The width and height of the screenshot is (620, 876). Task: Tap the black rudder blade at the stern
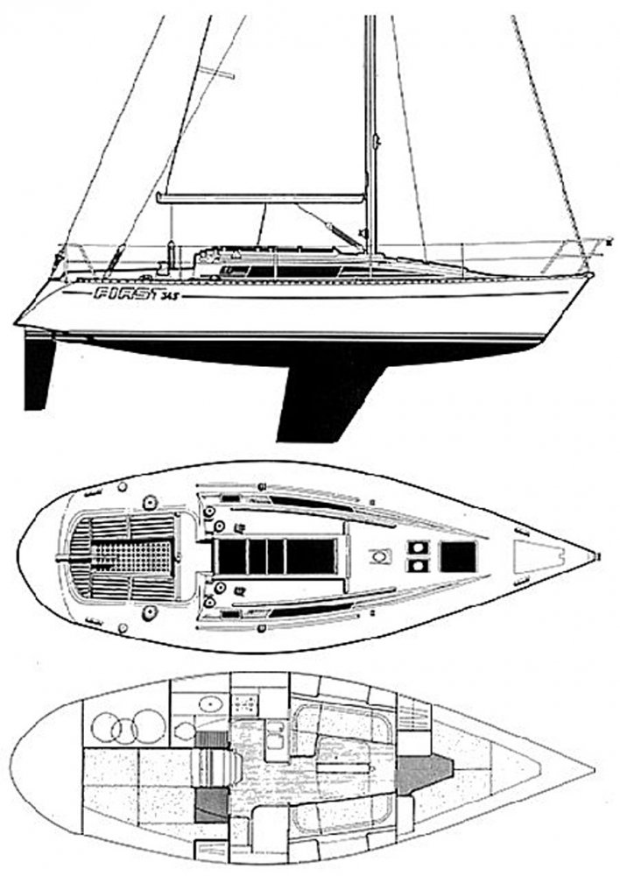[39, 372]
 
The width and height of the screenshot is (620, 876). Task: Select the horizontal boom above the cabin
[261, 198]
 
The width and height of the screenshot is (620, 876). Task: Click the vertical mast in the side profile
[371, 135]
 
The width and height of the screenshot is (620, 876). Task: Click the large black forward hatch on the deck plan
[458, 556]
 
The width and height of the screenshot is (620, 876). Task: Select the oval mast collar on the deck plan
[380, 556]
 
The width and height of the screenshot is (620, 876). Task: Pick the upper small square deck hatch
[419, 547]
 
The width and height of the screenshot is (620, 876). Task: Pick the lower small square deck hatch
[419, 566]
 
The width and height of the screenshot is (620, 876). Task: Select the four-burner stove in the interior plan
[246, 703]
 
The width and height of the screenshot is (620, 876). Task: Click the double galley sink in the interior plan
[274, 734]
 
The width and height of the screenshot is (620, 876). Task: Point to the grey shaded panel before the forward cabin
[424, 774]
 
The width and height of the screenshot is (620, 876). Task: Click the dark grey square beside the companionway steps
[212, 804]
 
